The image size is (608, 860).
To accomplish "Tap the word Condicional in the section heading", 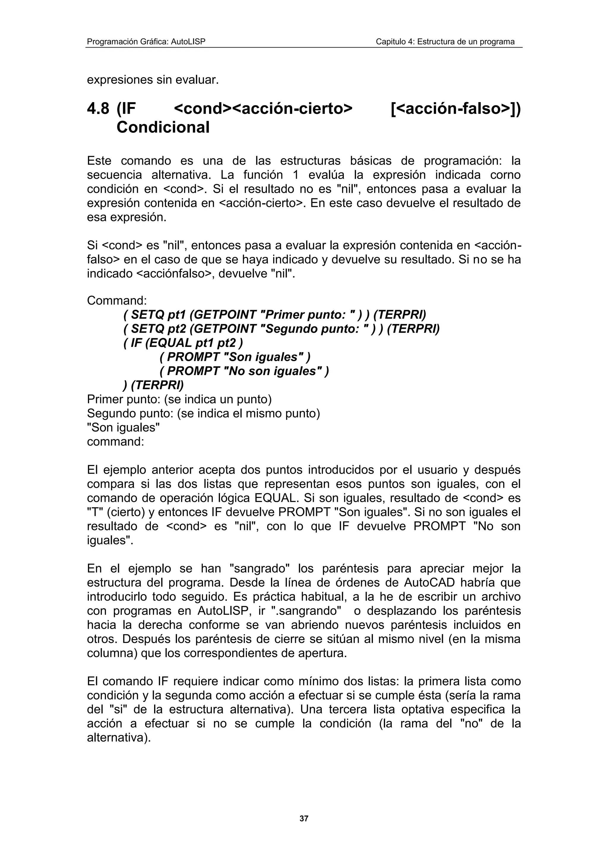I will [163, 127].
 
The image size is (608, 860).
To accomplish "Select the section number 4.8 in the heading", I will [98, 109].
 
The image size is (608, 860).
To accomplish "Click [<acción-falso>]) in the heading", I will [455, 109].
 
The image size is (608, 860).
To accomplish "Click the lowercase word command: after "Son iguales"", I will [115, 442].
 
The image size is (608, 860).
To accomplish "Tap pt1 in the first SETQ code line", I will [176, 315].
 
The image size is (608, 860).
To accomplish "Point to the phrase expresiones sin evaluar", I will [153, 80].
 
